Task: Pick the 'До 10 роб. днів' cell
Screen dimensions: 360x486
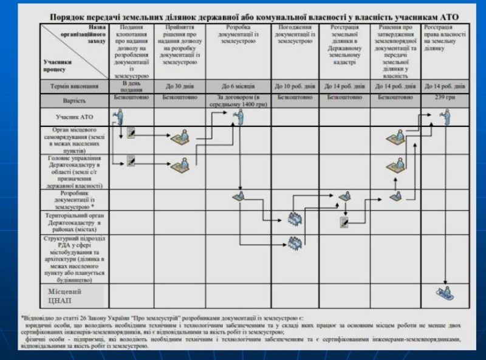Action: coord(295,86)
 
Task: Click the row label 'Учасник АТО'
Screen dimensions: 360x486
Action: coord(75,115)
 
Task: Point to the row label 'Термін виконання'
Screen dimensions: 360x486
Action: coord(75,86)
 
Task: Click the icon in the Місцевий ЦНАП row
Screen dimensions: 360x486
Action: coord(448,293)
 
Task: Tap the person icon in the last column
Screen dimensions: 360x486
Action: coord(447,115)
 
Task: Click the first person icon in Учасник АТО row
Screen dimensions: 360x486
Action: coord(117,116)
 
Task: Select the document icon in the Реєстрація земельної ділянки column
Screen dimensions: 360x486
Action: coord(344,222)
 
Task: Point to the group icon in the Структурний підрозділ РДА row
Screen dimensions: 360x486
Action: coord(295,242)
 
